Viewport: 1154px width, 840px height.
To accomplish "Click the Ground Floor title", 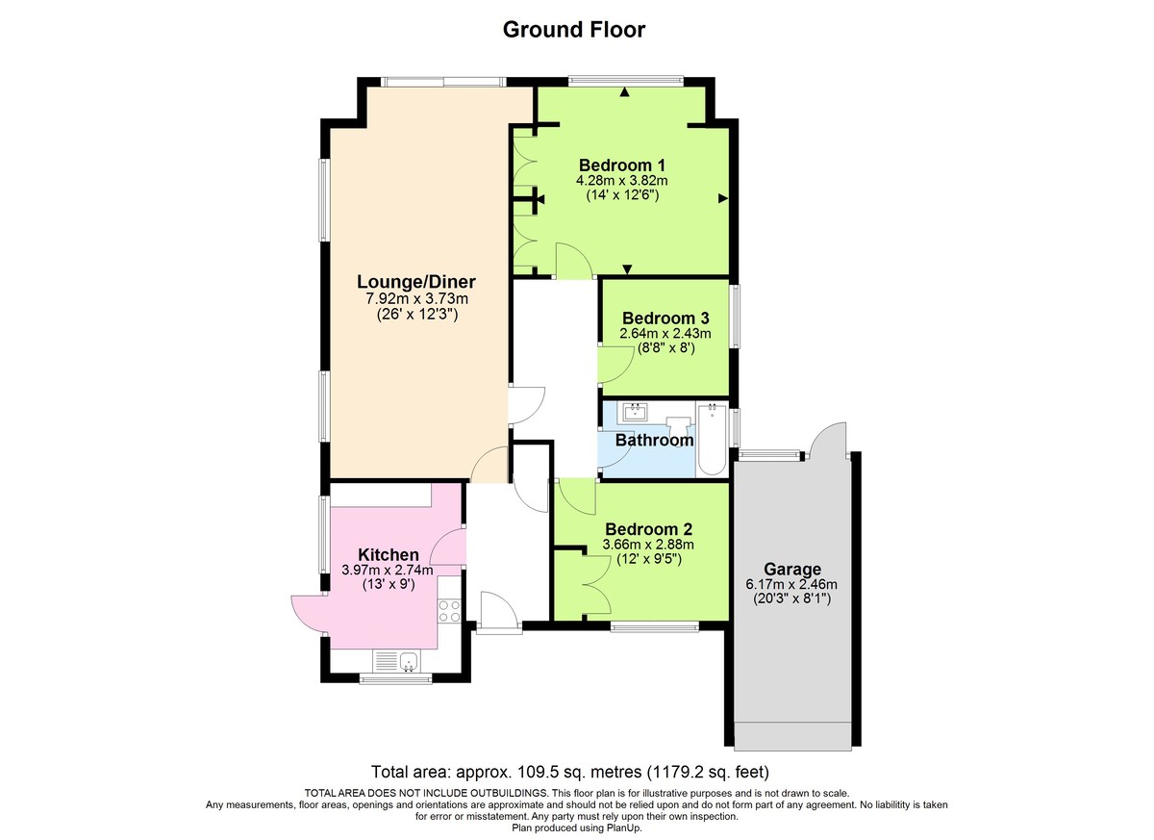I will [574, 30].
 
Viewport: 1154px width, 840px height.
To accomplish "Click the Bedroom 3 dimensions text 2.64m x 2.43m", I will [665, 334].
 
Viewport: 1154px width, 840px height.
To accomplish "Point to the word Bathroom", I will [654, 441].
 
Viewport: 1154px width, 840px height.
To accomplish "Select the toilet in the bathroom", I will [680, 422].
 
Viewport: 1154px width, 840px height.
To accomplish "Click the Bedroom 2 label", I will [649, 529].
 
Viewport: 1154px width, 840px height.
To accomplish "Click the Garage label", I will [792, 569].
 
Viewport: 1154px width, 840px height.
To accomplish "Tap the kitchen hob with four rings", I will [449, 610].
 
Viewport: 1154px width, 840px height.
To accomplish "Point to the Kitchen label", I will [389, 555].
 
